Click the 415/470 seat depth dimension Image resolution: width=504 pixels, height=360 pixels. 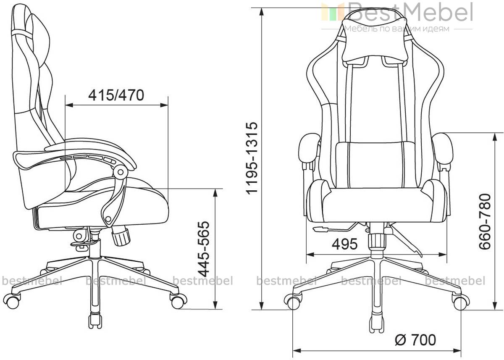click(x=116, y=95)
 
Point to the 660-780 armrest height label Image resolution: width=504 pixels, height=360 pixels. click(x=484, y=222)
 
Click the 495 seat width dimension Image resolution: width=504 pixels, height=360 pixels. click(x=345, y=244)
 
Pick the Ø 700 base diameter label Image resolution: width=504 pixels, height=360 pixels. click(x=415, y=340)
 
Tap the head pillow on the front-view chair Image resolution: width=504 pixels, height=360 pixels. click(x=375, y=40)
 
